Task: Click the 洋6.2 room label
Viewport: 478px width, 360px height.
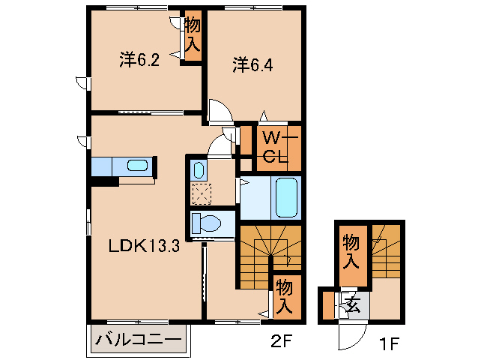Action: tap(139, 61)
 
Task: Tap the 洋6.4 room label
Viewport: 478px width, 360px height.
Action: tap(252, 65)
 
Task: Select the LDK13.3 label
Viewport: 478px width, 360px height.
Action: tap(143, 245)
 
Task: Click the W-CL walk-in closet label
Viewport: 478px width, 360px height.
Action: tap(279, 148)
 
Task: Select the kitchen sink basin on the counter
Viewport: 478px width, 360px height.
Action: tap(137, 166)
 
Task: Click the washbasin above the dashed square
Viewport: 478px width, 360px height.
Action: tap(199, 168)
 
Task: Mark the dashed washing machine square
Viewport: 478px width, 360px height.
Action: tap(200, 193)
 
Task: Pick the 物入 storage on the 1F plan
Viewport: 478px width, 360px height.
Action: tap(351, 252)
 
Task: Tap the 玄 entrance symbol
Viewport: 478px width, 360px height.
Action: tap(352, 304)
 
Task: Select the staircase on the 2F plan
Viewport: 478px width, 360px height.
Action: tap(270, 251)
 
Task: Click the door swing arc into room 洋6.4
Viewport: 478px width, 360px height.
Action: tap(221, 111)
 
